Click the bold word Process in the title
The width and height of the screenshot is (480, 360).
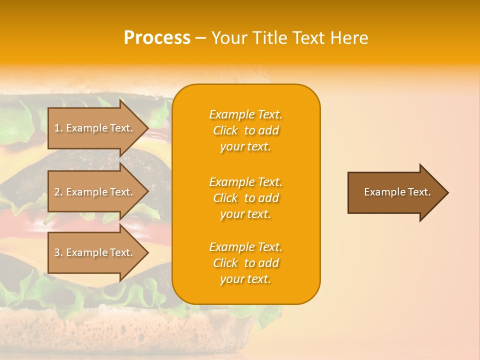[157, 38]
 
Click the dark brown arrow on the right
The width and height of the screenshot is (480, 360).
[395, 192]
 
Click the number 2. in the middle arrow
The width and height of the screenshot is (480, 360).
[58, 192]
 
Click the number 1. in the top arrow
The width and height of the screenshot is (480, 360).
[58, 128]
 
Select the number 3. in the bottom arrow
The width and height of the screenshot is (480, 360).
[58, 252]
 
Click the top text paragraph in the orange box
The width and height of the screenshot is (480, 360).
[245, 130]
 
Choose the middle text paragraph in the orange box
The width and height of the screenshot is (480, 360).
[245, 197]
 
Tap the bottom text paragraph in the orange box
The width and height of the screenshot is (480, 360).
[245, 263]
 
